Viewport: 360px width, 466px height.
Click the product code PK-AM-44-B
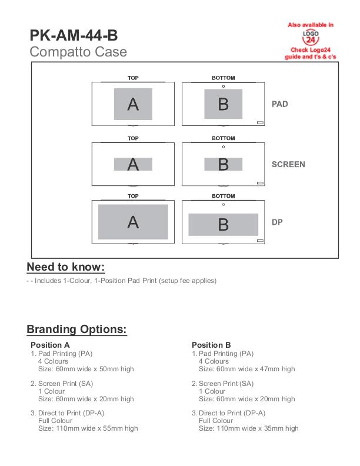[73, 36]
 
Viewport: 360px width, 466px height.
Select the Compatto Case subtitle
[78, 52]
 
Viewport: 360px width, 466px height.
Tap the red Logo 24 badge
[310, 39]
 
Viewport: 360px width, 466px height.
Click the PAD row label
[279, 104]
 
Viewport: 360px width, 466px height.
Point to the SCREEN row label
[288, 164]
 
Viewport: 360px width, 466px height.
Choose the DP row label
[277, 222]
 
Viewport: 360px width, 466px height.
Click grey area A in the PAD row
[133, 103]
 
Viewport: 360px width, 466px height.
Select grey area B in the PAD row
[223, 104]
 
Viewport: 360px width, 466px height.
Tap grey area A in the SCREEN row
[133, 164]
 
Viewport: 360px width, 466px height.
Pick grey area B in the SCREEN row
[223, 164]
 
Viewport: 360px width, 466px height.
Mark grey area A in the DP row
[133, 221]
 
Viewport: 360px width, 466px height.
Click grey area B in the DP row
[223, 224]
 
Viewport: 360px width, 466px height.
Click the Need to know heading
[65, 267]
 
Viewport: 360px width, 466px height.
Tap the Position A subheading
[50, 345]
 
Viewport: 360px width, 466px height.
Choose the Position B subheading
[211, 345]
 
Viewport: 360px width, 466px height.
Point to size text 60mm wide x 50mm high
[86, 369]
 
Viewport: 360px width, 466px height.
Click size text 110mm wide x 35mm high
[248, 428]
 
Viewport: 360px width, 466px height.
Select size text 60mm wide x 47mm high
[246, 369]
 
